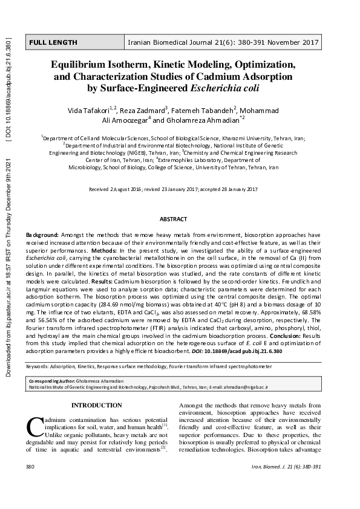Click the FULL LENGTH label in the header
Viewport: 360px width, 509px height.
53,42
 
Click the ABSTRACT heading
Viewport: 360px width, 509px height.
173,219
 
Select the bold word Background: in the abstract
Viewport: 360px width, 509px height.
42,234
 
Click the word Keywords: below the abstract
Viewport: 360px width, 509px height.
38,367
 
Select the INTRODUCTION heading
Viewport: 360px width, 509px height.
97,405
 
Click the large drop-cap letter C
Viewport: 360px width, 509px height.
34,426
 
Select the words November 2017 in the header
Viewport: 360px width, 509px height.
298,42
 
